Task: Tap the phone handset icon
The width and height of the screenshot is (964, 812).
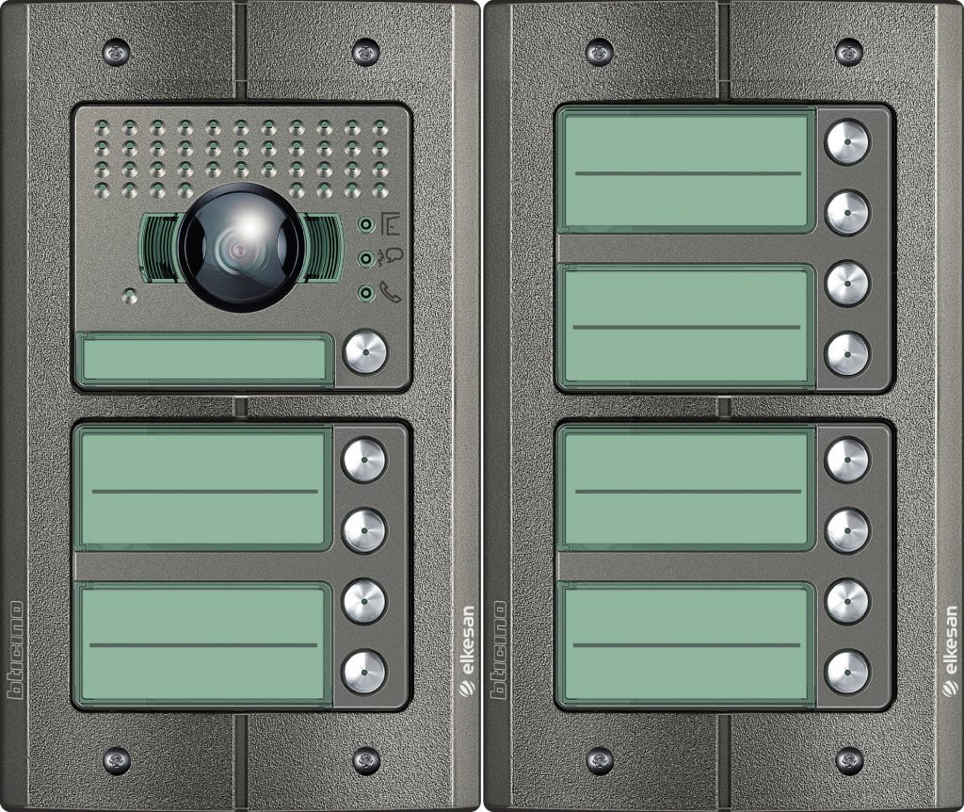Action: coord(390,291)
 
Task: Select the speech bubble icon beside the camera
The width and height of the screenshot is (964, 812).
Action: coord(390,258)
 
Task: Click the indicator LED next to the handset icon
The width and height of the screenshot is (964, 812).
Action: coord(366,293)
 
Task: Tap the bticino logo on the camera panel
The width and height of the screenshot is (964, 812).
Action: coord(15,650)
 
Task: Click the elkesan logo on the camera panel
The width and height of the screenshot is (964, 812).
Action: coord(467,651)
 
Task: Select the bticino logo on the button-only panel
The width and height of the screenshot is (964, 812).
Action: coord(498,650)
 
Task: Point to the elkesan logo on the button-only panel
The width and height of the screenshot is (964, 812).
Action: coord(949,651)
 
